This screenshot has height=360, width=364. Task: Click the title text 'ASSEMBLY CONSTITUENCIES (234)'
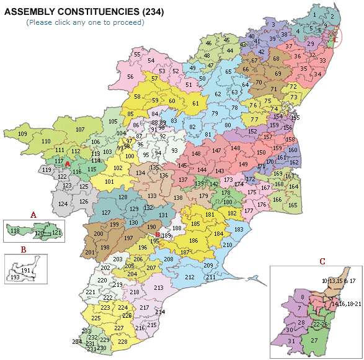[84, 12]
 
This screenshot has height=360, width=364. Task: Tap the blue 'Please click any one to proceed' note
[85, 22]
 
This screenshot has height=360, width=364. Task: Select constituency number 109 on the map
[22, 135]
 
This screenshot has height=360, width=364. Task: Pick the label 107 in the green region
[80, 130]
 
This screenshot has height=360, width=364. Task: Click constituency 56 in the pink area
[130, 77]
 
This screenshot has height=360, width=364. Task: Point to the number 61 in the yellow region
[195, 103]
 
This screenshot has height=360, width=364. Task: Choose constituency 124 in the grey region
[63, 204]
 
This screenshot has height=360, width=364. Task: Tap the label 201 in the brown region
[89, 253]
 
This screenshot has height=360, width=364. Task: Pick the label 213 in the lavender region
[158, 288]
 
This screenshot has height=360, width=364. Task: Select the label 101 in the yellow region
[109, 182]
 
